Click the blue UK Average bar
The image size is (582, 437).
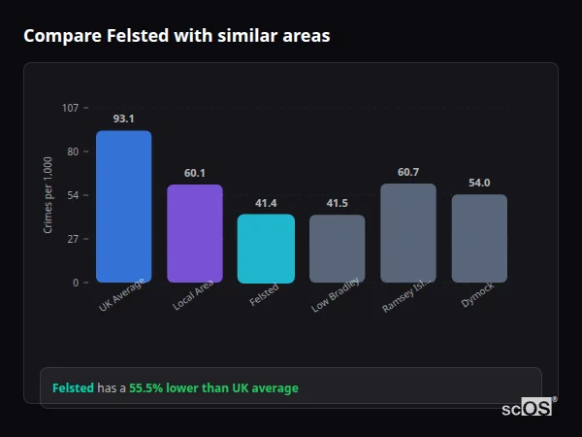click(123, 206)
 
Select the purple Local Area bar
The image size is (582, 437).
click(195, 233)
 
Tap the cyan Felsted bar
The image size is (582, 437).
click(266, 249)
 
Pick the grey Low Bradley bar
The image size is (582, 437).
click(338, 249)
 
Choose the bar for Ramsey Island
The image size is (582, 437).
click(408, 233)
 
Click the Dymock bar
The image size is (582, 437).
click(479, 238)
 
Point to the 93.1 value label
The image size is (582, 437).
click(123, 118)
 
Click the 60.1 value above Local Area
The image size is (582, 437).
click(195, 173)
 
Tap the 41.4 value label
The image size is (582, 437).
click(266, 203)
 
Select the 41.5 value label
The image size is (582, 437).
click(338, 203)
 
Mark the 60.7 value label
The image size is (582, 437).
click(408, 172)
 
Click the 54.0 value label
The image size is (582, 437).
click(479, 183)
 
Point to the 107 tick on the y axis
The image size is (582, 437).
click(70, 108)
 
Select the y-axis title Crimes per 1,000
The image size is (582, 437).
click(48, 194)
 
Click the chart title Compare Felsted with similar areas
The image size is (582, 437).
click(177, 36)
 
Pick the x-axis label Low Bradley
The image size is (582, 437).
click(337, 294)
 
